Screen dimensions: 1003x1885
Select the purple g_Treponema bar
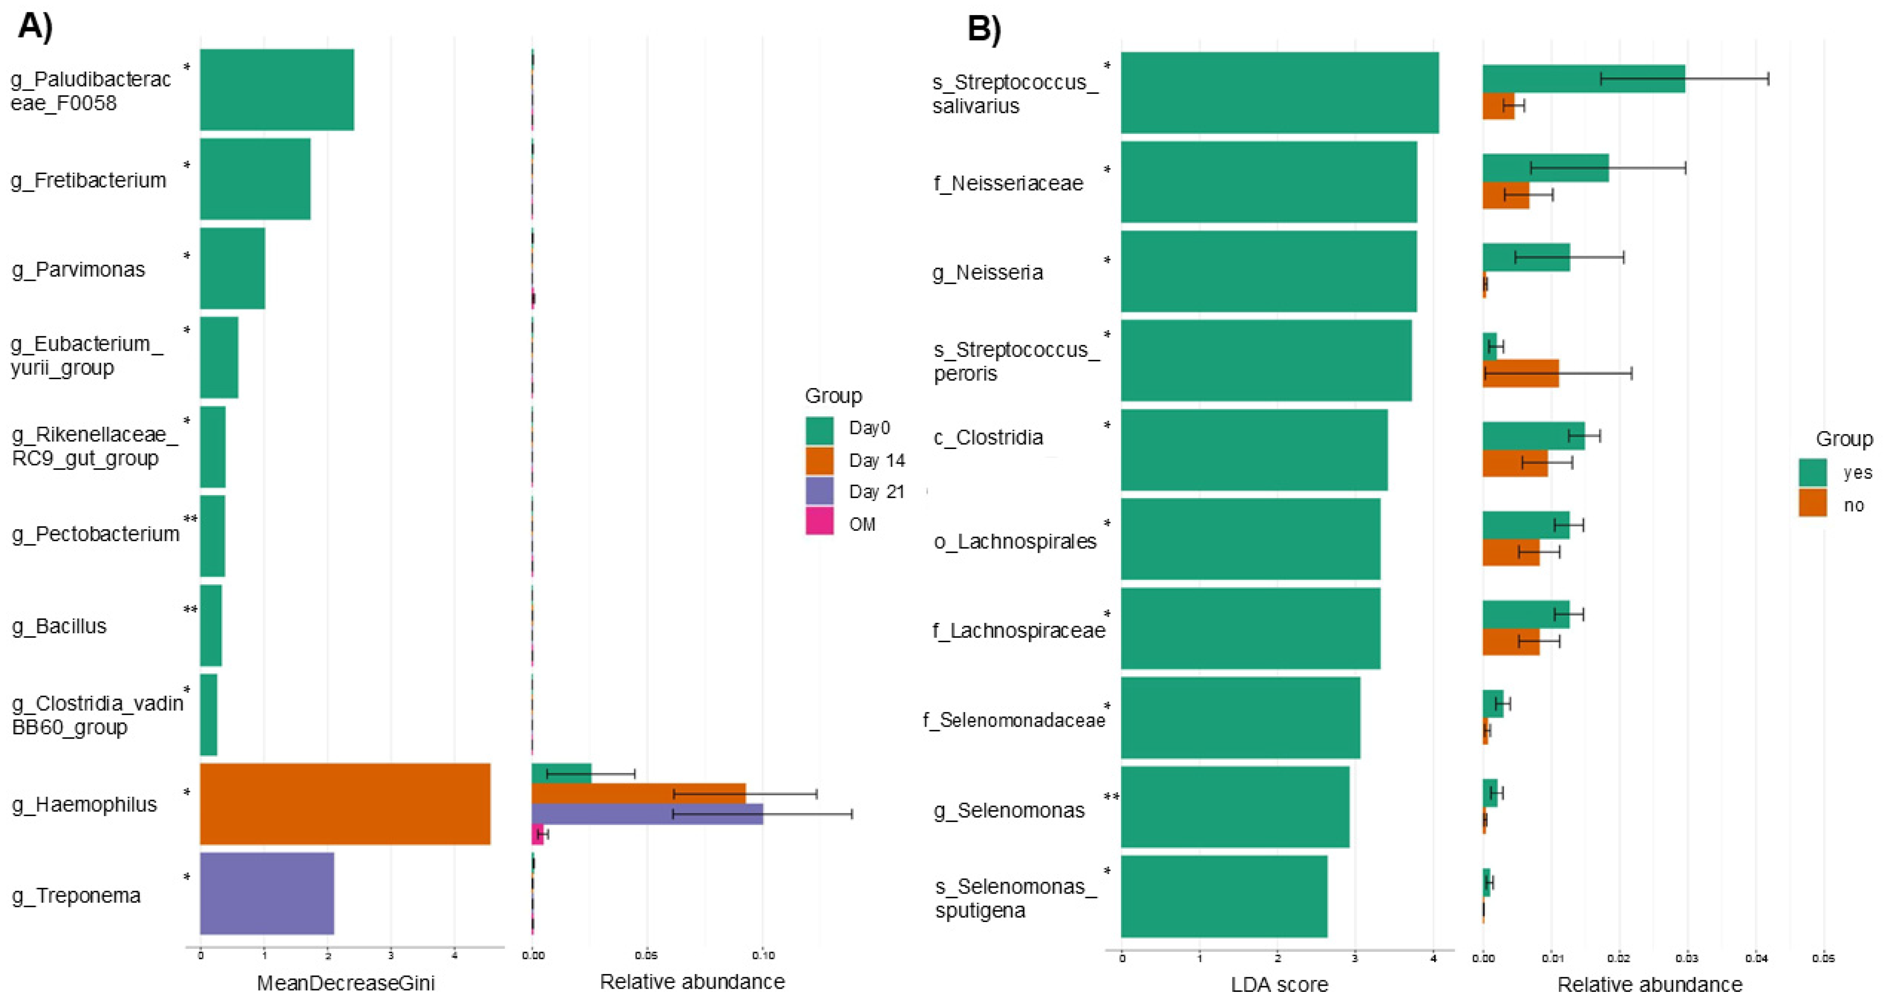[x=267, y=893]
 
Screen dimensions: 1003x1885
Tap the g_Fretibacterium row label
[x=89, y=180]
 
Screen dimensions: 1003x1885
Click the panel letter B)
[x=984, y=29]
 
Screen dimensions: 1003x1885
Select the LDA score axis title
[x=1279, y=984]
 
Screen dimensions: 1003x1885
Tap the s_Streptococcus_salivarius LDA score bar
[x=1279, y=93]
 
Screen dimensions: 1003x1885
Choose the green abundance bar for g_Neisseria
[x=1526, y=258]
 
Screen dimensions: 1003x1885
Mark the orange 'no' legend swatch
[x=1812, y=503]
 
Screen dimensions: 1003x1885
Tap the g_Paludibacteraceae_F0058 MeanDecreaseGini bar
[x=277, y=90]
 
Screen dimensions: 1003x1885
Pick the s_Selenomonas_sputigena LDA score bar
[x=1223, y=896]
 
